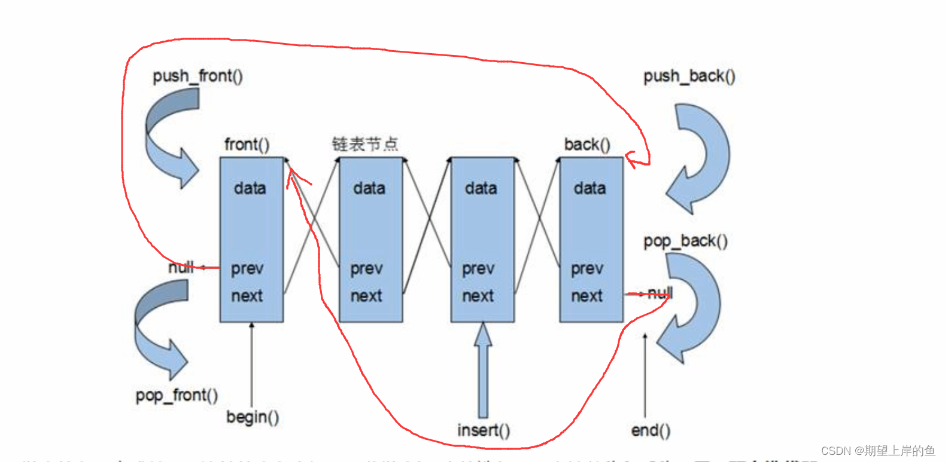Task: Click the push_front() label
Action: [x=197, y=77]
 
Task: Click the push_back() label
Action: [x=689, y=77]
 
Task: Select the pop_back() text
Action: [x=685, y=241]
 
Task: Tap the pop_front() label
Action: [x=177, y=396]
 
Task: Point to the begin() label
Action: [x=253, y=417]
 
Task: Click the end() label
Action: [x=651, y=430]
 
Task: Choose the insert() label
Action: [x=484, y=430]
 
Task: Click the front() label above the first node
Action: [x=247, y=145]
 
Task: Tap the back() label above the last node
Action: [x=587, y=145]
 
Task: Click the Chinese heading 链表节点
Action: [x=365, y=144]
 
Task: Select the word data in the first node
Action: [x=250, y=189]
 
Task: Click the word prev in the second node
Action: [x=366, y=269]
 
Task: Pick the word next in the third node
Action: [x=478, y=296]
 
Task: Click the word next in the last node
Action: [x=587, y=296]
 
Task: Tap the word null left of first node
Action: [x=181, y=267]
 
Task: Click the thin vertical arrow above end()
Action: [x=645, y=377]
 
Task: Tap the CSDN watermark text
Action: [x=877, y=451]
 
